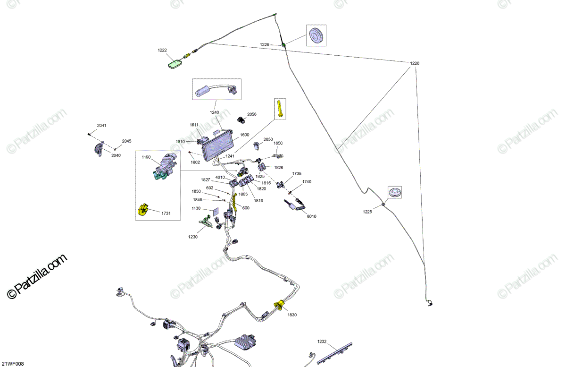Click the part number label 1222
[x=162, y=50]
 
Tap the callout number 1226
[x=264, y=45]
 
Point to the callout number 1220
[x=414, y=63]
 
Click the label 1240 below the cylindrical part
[x=215, y=113]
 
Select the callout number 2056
[x=252, y=114]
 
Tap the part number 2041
[x=102, y=126]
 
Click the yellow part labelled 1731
[x=142, y=210]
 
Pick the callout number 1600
[x=244, y=135]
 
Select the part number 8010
[x=311, y=216]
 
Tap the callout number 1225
[x=367, y=212]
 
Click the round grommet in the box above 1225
[x=394, y=192]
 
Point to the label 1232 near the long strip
[x=322, y=341]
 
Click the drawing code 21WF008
[x=12, y=363]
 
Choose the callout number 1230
[x=193, y=237]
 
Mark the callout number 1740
[x=307, y=182]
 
